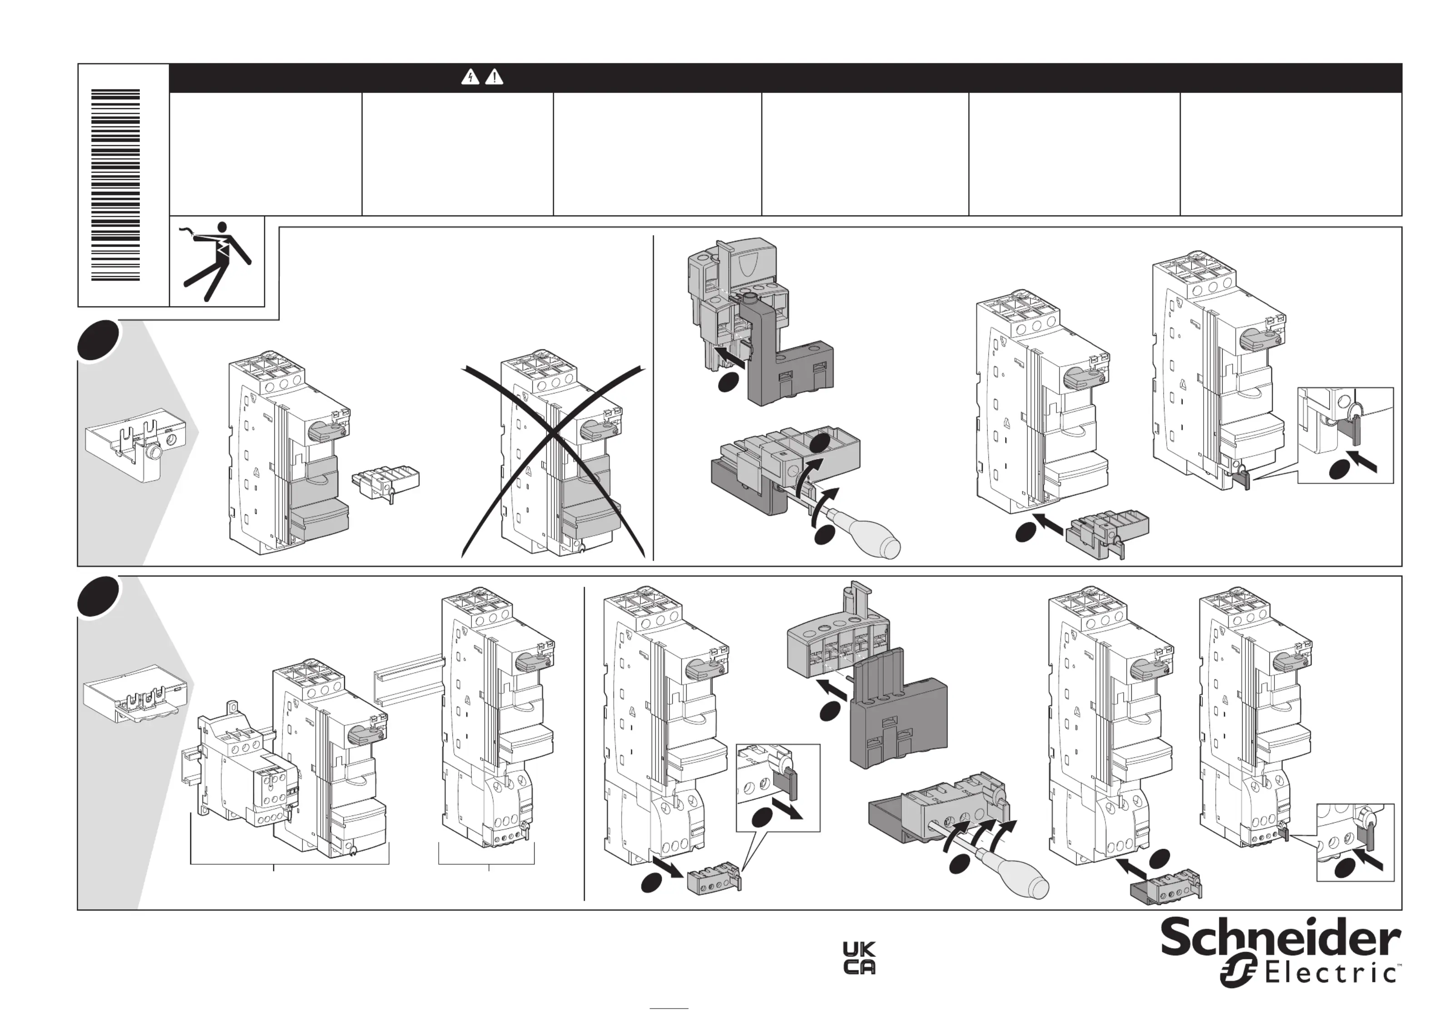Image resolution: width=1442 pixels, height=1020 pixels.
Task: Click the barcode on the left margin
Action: point(115,185)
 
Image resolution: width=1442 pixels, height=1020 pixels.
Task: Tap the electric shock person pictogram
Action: point(217,260)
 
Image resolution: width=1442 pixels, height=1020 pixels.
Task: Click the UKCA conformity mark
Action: point(858,958)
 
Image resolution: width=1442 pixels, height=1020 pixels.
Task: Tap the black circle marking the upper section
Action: point(98,340)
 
